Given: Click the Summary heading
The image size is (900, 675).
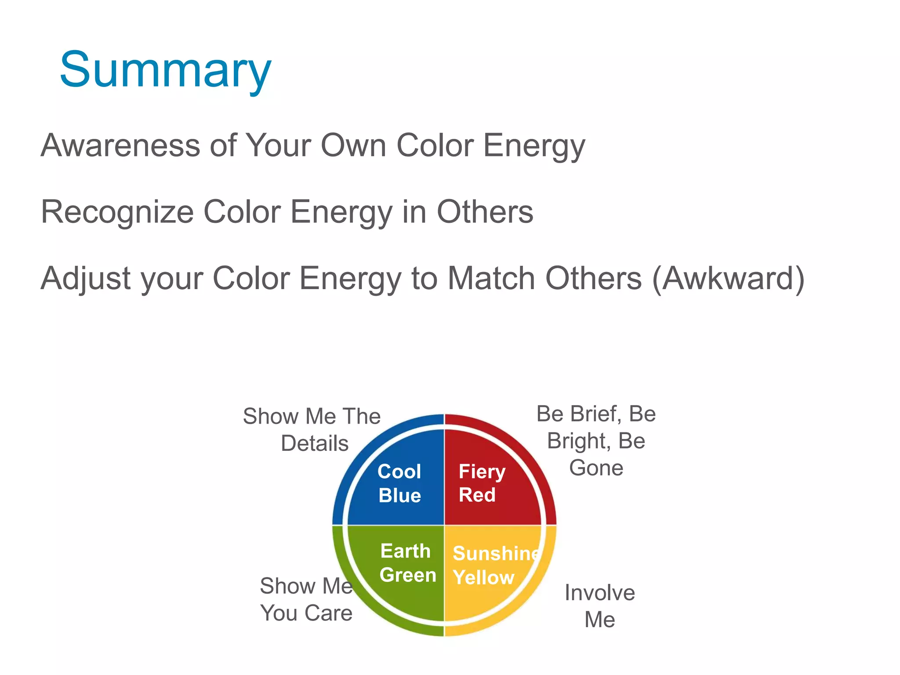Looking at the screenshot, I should [165, 70].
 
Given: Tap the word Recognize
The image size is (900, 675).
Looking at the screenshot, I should [117, 212].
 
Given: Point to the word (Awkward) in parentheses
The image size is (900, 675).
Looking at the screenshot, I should [728, 279].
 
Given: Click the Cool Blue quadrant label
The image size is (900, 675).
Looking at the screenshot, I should [399, 483].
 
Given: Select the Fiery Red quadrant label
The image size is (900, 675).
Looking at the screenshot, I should [481, 483].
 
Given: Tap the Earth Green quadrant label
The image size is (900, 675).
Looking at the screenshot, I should [407, 563].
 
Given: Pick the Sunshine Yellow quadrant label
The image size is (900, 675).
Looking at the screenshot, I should [494, 565].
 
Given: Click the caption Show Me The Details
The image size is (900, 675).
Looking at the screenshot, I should [312, 429].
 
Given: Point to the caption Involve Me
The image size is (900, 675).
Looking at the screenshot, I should [599, 606].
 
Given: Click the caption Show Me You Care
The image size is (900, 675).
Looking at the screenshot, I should [306, 599].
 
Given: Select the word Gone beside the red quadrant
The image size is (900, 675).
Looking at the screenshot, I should [596, 468].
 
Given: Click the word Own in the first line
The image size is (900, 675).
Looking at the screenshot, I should [353, 145].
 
